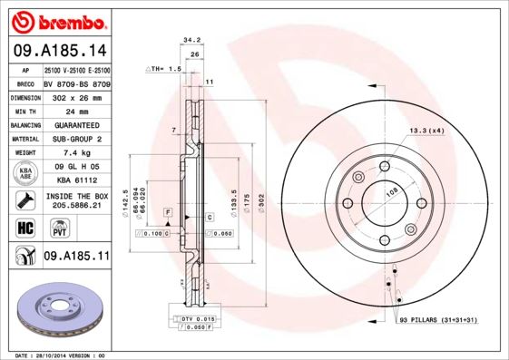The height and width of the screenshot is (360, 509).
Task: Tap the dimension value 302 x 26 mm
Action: tap(76, 96)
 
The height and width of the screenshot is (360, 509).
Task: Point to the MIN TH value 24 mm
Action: tap(76, 111)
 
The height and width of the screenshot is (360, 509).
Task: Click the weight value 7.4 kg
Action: tap(76, 153)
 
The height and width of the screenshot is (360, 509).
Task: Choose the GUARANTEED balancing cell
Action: tap(76, 124)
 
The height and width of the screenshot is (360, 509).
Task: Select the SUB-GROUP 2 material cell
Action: tap(76, 139)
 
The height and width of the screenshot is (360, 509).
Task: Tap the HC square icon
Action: tap(24, 229)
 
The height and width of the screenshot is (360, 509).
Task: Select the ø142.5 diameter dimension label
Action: tap(138, 190)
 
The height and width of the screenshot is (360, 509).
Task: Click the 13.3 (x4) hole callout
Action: tap(426, 131)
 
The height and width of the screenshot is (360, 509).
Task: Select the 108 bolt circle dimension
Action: tap(392, 191)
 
